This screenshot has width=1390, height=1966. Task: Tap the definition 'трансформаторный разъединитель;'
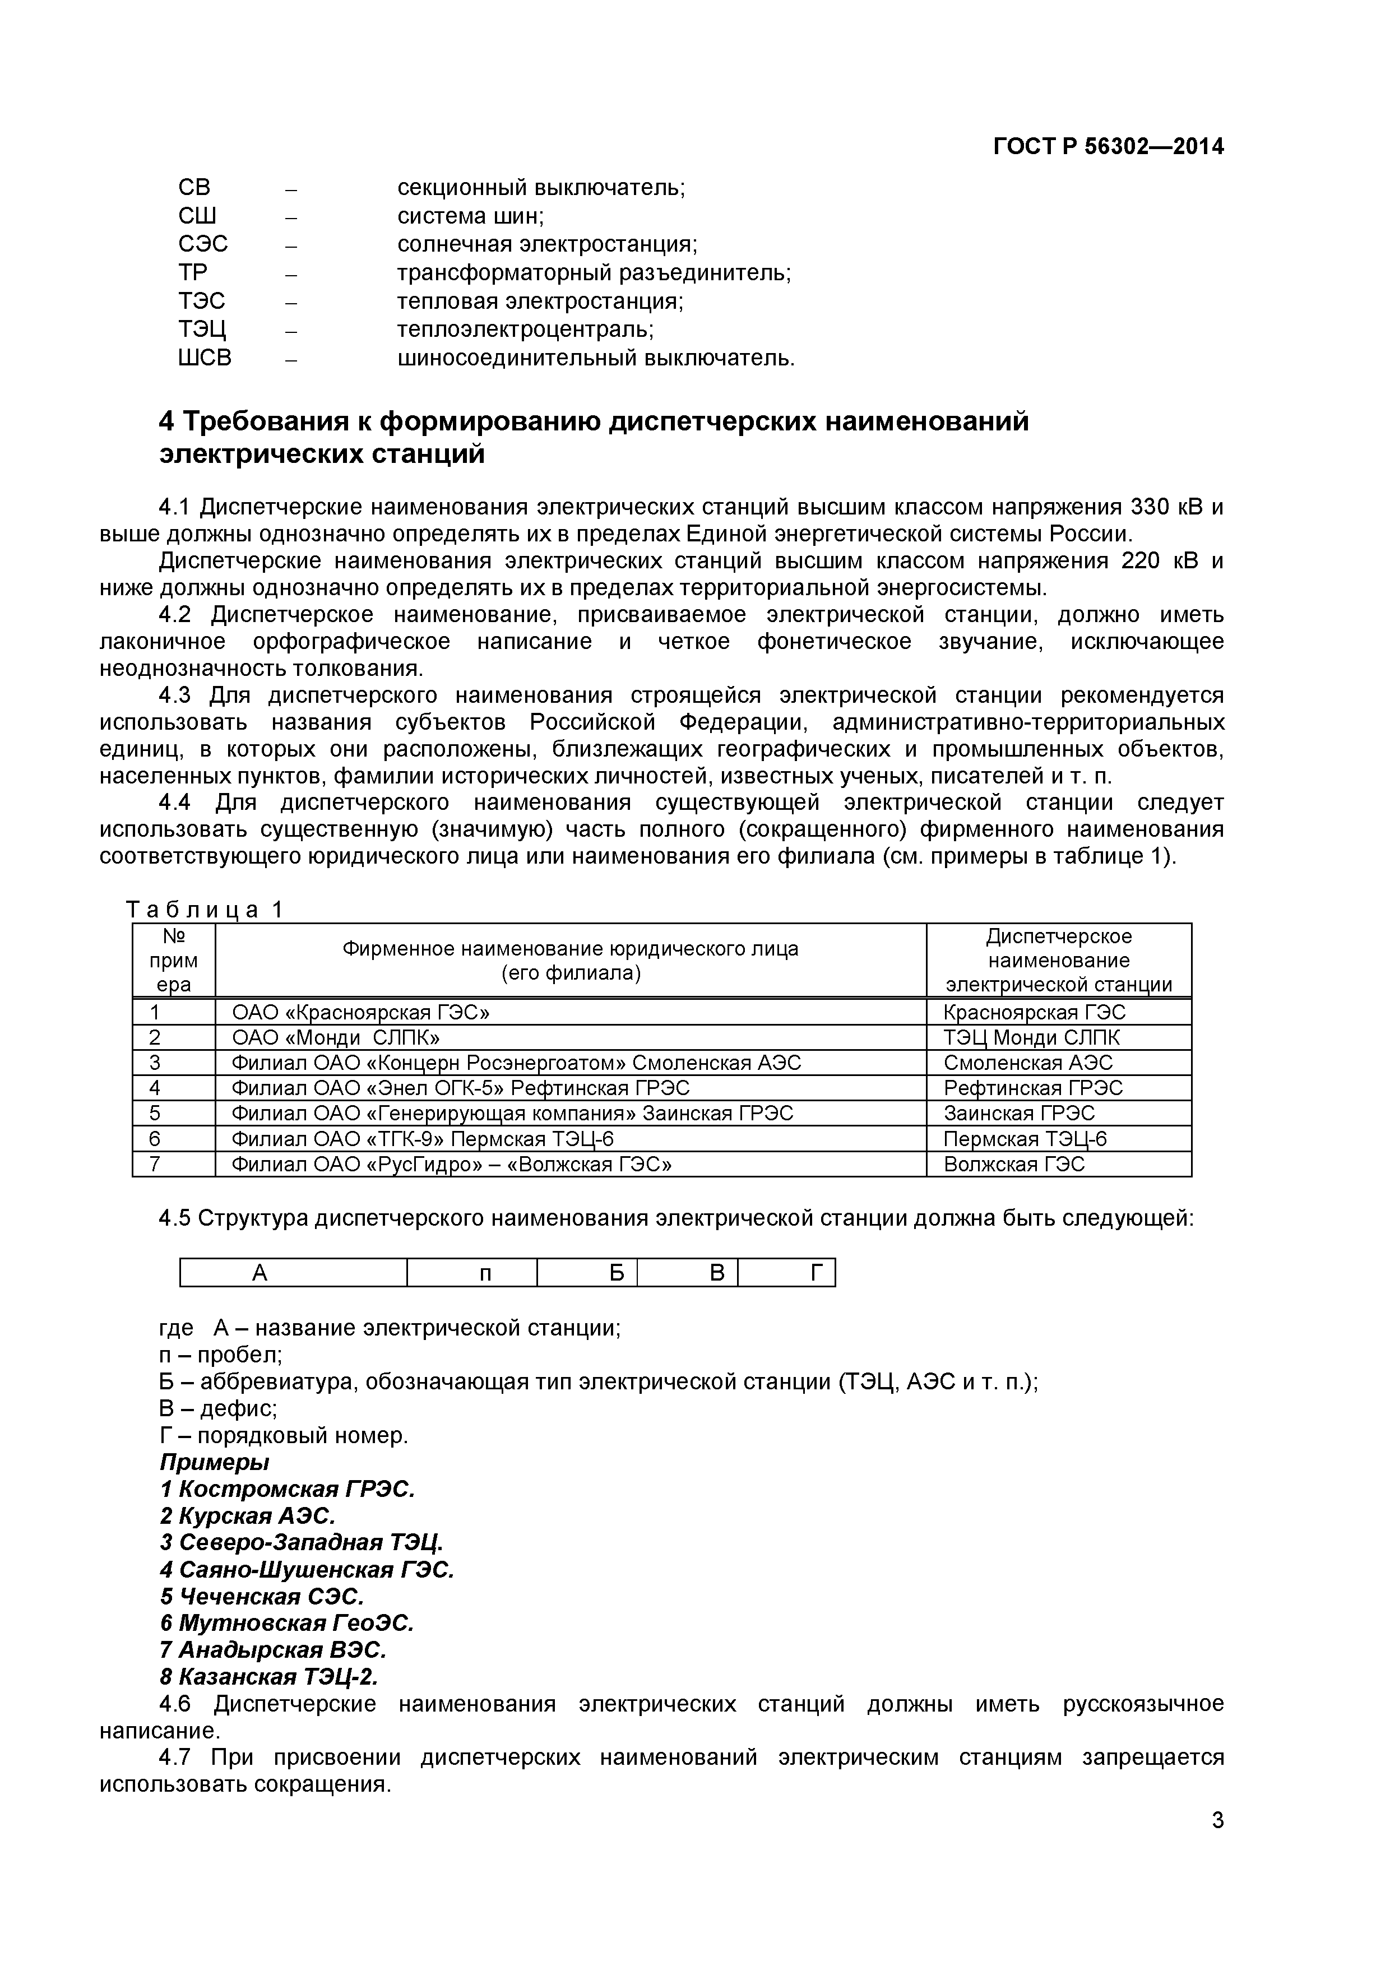click(594, 272)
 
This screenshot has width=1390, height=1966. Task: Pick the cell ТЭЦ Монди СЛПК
click(1031, 1038)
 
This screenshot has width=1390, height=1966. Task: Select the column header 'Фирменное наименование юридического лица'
click(571, 949)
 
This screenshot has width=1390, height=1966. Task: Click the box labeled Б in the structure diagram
click(617, 1273)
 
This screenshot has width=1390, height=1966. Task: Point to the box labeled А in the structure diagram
click(261, 1273)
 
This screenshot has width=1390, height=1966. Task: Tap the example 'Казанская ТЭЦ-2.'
click(269, 1677)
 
